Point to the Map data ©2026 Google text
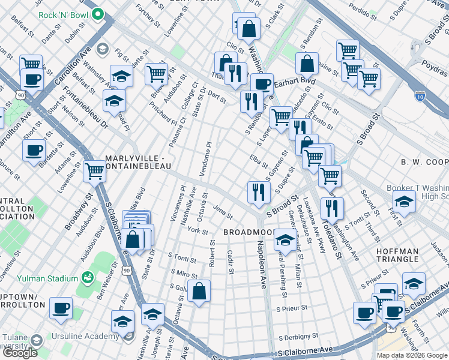(412, 355)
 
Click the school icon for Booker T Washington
(404, 203)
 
